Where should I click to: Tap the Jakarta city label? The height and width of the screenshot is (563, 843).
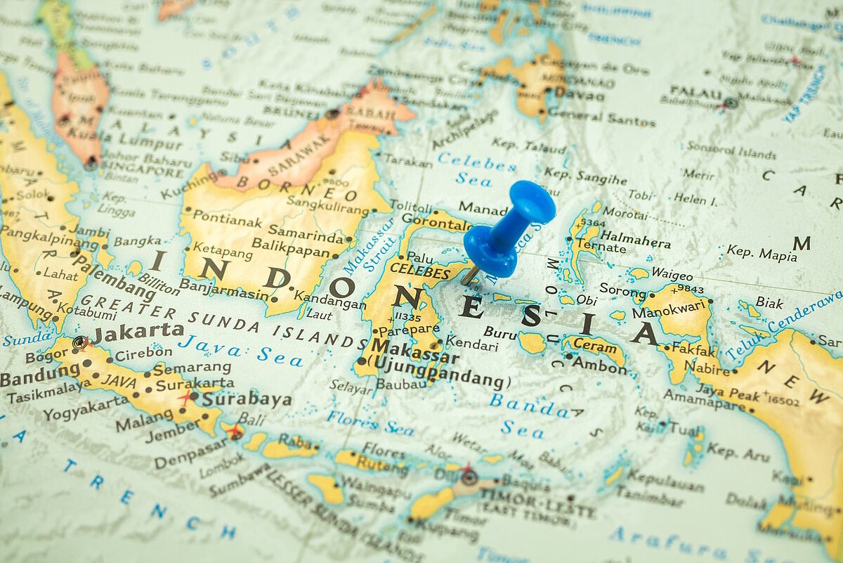point(138,331)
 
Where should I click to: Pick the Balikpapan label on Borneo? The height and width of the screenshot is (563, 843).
point(290,247)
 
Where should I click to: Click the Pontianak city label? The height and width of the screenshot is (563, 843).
point(227,219)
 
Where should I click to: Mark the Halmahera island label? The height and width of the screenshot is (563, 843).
point(634,239)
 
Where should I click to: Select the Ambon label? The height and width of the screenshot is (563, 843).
point(599,365)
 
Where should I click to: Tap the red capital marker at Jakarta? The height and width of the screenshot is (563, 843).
point(81,342)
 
